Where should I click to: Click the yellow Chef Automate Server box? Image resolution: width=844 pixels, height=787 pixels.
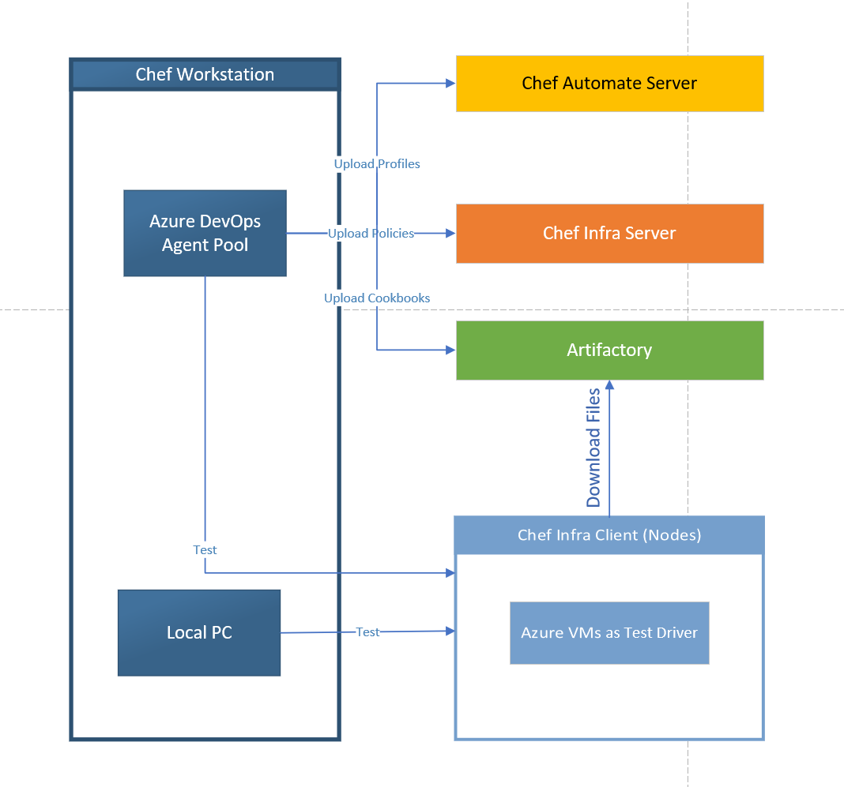pos(609,84)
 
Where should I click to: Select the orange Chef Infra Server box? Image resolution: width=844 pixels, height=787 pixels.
pos(609,234)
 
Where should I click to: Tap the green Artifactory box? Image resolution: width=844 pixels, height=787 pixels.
pos(609,350)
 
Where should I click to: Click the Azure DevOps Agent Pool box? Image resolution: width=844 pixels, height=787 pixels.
pos(205,234)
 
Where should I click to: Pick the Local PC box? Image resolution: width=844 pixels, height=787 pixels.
pos(199,633)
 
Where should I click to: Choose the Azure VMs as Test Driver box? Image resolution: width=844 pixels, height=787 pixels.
pos(609,633)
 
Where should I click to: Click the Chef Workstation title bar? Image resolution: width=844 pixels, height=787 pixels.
pos(205,75)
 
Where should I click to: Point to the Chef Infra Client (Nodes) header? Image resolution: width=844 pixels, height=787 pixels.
pos(609,535)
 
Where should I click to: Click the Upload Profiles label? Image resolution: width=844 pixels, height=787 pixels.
pos(377,164)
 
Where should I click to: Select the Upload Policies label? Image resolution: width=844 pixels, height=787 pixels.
pos(371,234)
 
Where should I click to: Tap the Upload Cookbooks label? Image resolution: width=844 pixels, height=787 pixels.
pos(377,298)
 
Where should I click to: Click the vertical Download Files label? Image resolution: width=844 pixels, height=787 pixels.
pos(593,448)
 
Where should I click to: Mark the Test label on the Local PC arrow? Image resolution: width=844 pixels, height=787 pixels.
pos(367,632)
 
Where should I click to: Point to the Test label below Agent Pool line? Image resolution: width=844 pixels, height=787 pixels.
pos(205,549)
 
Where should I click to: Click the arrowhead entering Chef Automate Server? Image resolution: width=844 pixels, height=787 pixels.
pos(450,83)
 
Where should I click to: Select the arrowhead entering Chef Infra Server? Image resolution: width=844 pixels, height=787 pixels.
pos(450,233)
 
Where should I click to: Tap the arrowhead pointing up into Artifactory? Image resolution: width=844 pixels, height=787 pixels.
pos(609,385)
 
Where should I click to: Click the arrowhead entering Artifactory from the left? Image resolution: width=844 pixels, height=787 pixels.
pos(450,349)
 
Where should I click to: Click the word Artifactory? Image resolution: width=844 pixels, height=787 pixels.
pos(609,350)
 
